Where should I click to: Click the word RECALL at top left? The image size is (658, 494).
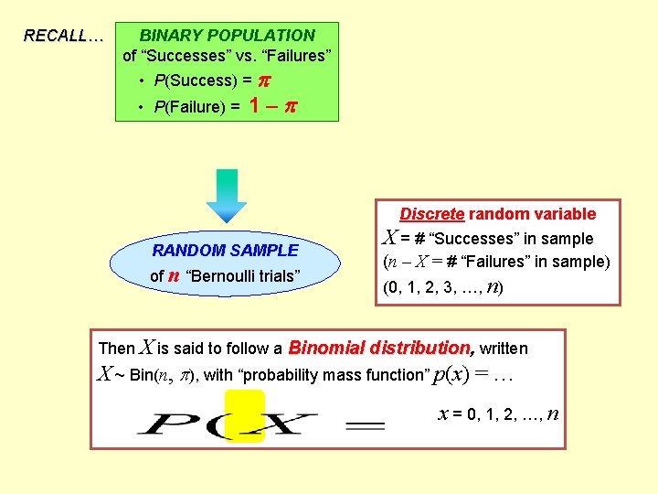(59, 37)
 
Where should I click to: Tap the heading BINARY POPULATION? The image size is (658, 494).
(227, 36)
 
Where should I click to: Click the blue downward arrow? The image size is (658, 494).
(227, 195)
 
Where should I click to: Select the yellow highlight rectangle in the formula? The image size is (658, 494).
(245, 415)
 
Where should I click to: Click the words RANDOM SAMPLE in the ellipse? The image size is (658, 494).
(225, 250)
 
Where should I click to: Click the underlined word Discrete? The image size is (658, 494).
(432, 214)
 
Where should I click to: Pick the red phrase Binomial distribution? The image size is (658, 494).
(381, 348)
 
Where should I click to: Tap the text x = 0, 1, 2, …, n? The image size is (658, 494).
(499, 414)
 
